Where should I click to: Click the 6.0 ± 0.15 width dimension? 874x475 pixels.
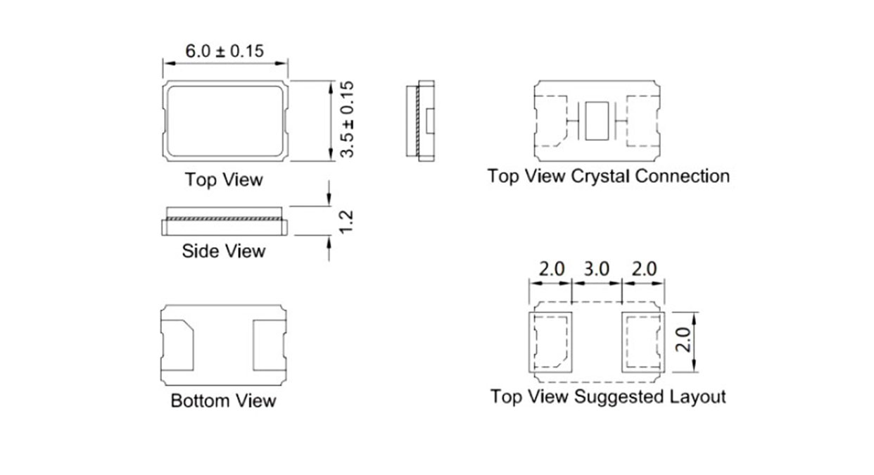224,51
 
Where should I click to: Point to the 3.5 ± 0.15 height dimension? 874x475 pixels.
346,119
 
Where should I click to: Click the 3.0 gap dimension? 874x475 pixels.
597,269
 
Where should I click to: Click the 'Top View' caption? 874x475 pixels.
224,179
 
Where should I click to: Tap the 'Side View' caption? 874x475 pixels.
224,251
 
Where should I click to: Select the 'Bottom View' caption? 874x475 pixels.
223,401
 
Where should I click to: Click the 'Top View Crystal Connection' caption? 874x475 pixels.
608,175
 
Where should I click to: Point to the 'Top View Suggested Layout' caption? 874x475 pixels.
608,397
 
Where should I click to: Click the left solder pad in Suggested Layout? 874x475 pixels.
552,341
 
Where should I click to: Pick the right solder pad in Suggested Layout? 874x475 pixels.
642,341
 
